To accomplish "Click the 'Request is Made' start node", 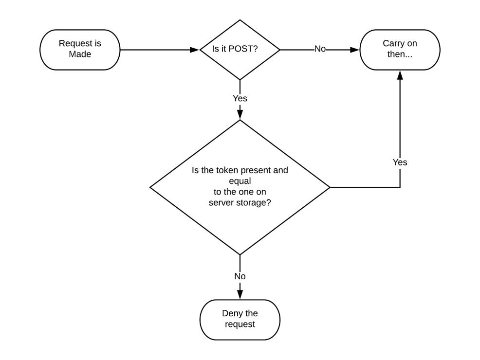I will tap(80, 49).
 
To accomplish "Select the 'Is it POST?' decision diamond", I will tap(240, 50).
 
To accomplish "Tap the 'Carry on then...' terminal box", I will tap(400, 49).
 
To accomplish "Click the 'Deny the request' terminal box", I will tap(240, 319).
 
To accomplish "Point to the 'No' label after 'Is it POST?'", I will tap(320, 49).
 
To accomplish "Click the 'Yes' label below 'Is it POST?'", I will tap(240, 98).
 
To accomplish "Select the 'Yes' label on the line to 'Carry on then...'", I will tap(400, 162).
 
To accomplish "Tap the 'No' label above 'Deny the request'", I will tap(240, 276).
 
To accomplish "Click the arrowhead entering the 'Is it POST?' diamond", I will tap(196, 50).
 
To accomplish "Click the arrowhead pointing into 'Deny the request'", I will tap(240, 295).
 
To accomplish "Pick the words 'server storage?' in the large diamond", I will tap(240, 203).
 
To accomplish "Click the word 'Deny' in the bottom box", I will tap(233, 313).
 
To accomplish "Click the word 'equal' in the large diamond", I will tap(240, 181).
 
